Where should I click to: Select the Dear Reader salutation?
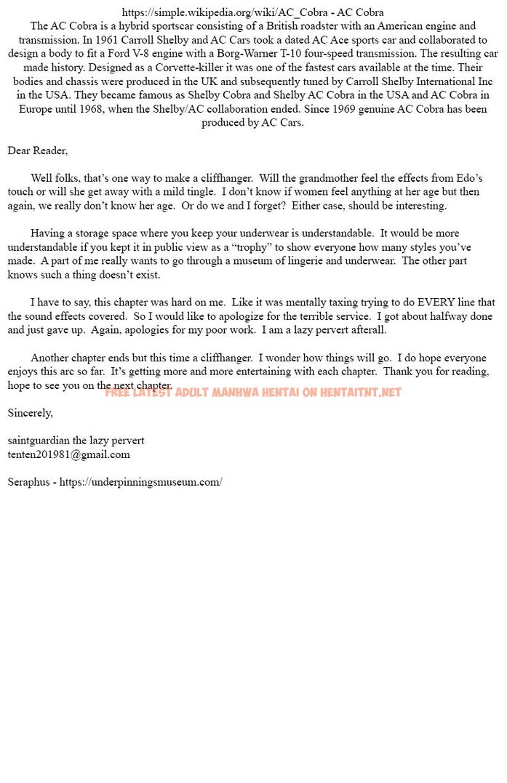coord(37,150)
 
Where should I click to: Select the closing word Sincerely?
coord(30,413)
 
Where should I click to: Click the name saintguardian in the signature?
coord(37,441)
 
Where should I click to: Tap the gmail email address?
coord(68,454)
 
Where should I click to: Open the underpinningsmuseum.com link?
coord(140,482)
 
